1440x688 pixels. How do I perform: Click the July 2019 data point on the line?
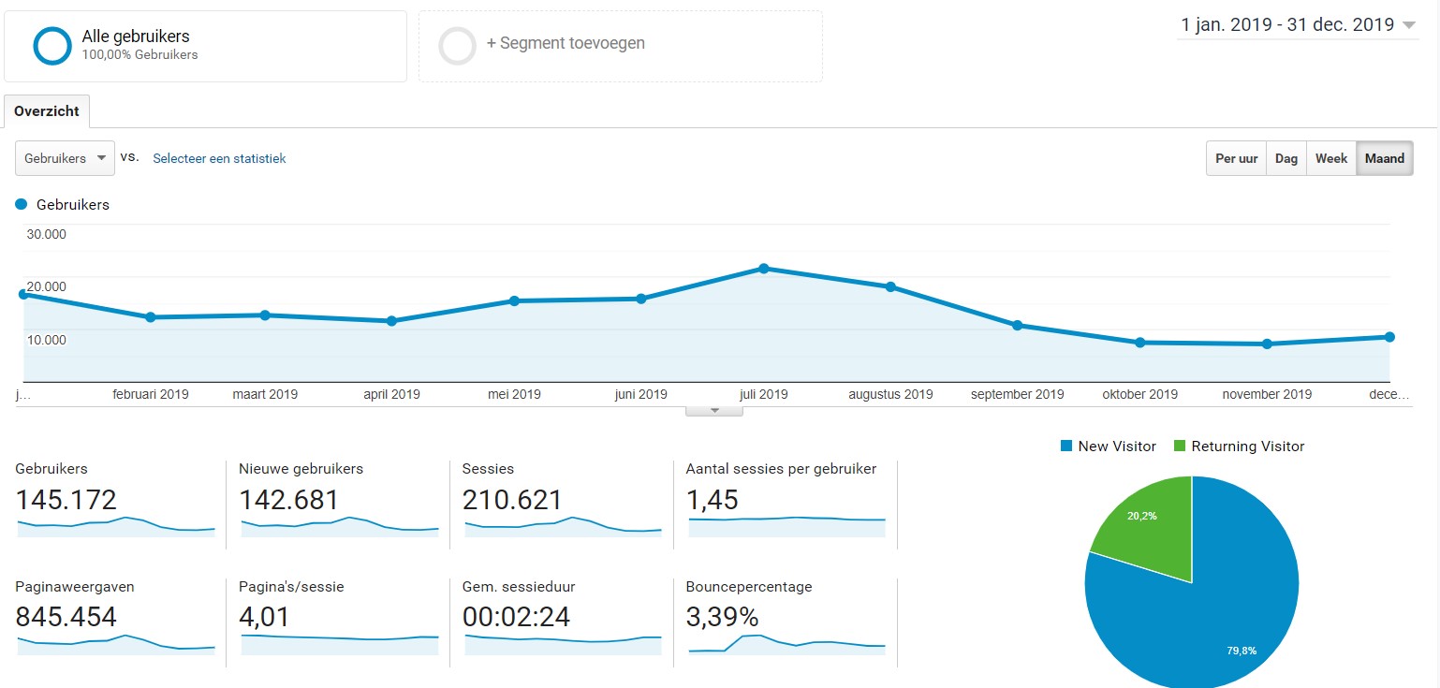(x=764, y=269)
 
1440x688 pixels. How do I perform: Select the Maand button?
(x=1385, y=158)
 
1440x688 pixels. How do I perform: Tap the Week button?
(x=1331, y=158)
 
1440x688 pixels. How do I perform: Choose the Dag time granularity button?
(x=1286, y=158)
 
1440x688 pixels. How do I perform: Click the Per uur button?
(x=1236, y=158)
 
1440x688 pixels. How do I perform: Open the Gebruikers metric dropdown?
(x=65, y=158)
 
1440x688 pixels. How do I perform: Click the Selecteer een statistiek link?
(x=219, y=158)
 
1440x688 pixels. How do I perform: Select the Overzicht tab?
(x=46, y=111)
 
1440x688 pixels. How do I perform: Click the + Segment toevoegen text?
(x=566, y=43)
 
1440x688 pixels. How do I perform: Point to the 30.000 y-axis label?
(x=46, y=234)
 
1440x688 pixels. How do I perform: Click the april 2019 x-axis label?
(x=391, y=394)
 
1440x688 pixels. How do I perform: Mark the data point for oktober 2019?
(x=1139, y=343)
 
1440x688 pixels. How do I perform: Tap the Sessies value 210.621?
(x=512, y=500)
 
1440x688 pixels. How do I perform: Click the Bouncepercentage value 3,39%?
(x=722, y=617)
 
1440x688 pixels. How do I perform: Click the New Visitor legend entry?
(x=1109, y=446)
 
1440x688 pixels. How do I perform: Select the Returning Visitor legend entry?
(x=1239, y=446)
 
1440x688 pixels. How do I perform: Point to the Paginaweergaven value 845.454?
(x=66, y=617)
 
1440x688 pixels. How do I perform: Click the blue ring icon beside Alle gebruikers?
(x=52, y=46)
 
